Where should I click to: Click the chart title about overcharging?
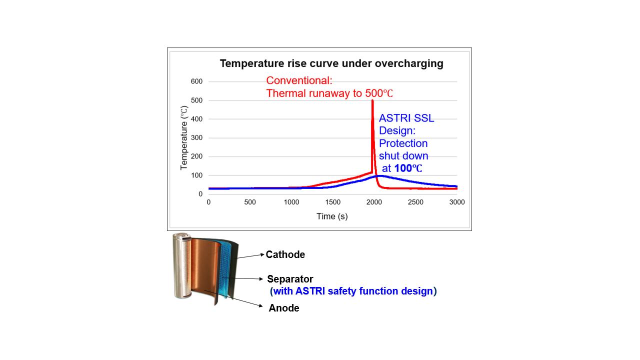(x=331, y=63)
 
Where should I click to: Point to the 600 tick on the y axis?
(x=196, y=81)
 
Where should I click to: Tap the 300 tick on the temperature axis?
(x=196, y=138)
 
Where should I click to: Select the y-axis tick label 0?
(x=200, y=194)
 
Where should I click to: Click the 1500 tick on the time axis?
(x=332, y=202)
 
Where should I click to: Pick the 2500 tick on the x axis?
(x=415, y=202)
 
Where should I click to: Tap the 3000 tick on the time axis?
(x=456, y=202)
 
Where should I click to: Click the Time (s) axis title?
(x=332, y=216)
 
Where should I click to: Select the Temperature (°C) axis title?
(x=184, y=138)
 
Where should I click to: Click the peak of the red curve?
(x=372, y=101)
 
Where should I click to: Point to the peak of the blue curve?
(x=380, y=175)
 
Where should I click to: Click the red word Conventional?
(x=299, y=80)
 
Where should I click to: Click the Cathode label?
(x=285, y=254)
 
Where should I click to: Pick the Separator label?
(x=290, y=279)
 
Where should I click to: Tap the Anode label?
(x=284, y=308)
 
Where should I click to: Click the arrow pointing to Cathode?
(x=250, y=256)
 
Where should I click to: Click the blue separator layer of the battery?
(x=227, y=272)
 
